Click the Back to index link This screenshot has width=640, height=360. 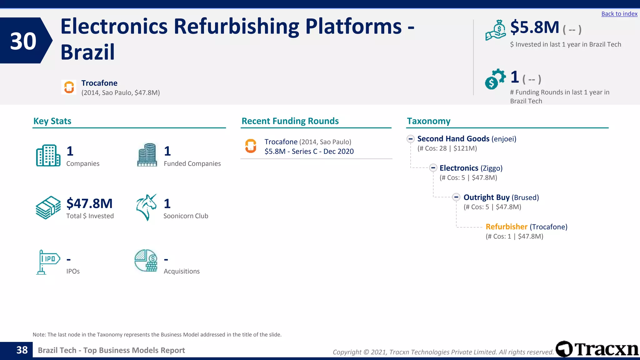click(x=619, y=14)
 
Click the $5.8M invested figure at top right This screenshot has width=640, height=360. click(x=534, y=27)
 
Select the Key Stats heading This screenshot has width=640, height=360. click(x=52, y=121)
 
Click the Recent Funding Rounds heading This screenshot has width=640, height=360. click(x=290, y=121)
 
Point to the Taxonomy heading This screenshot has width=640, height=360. click(x=428, y=121)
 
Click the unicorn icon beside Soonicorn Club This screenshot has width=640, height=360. click(x=146, y=207)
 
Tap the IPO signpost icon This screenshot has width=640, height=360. click(x=47, y=262)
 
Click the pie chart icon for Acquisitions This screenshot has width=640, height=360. click(x=146, y=261)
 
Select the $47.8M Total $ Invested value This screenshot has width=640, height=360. click(x=89, y=203)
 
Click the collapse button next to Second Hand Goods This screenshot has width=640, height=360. click(x=411, y=139)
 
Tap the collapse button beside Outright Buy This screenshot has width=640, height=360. click(x=456, y=197)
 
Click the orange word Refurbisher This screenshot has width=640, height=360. click(x=506, y=227)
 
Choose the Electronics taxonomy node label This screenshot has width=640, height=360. click(x=459, y=168)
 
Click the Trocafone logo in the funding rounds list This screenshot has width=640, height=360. click(x=251, y=146)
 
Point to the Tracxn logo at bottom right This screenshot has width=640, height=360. click(x=597, y=349)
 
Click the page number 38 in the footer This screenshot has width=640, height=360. click(x=22, y=350)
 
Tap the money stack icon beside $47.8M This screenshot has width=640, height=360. click(x=48, y=207)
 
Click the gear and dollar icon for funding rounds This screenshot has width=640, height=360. click(x=495, y=79)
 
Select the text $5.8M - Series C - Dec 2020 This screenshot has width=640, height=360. click(x=309, y=152)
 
